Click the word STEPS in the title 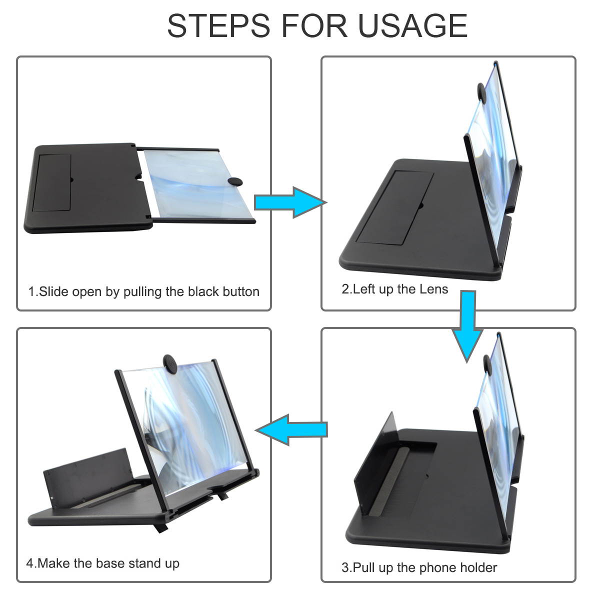coord(218,26)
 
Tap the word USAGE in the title coord(412,26)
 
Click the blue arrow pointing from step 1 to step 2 coord(290,202)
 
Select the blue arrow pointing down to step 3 coord(467,326)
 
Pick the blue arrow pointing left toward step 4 coord(291,429)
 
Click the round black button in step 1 coord(235,181)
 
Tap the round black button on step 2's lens coord(481,92)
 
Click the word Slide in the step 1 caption coord(52,291)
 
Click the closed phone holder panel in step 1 coord(52,182)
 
